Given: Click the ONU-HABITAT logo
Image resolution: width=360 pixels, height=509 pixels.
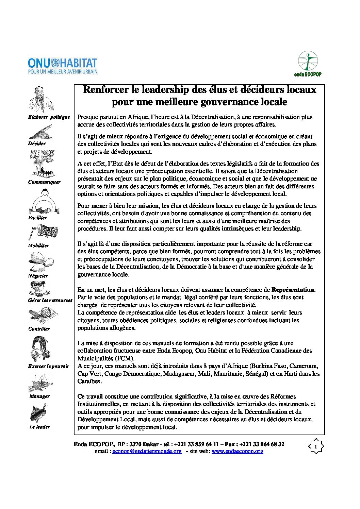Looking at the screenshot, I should pyautogui.click(x=63, y=66).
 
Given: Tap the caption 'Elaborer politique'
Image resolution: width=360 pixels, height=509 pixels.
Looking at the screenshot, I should pyautogui.click(x=49, y=117).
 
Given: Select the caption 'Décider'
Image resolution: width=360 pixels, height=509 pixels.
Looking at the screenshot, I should pyautogui.click(x=37, y=143).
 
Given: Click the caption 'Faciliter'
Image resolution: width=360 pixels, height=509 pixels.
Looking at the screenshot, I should pyautogui.click(x=37, y=218).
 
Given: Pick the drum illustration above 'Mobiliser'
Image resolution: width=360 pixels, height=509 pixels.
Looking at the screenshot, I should pyautogui.click(x=43, y=232).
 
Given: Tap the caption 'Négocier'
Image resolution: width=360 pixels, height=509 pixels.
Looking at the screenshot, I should pyautogui.click(x=38, y=276).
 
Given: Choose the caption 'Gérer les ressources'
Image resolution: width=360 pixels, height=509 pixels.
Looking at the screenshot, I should pyautogui.click(x=50, y=300).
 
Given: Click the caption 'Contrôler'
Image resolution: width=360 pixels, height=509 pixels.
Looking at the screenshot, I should pyautogui.click(x=39, y=329).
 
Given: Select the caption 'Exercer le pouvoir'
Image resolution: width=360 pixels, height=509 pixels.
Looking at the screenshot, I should pyautogui.click(x=48, y=366).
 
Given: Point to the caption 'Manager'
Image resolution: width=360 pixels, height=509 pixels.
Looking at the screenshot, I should pyautogui.click(x=39, y=396).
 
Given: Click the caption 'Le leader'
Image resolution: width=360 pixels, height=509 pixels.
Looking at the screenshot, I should pyautogui.click(x=40, y=427).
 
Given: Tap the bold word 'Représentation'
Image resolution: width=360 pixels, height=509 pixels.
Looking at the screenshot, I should pyautogui.click(x=293, y=290).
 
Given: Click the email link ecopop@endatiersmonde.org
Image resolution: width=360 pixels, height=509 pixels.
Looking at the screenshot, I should pyautogui.click(x=147, y=451).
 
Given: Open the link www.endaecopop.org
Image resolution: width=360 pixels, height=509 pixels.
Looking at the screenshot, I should pyautogui.click(x=237, y=451).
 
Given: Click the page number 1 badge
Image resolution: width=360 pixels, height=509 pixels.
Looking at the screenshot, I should pyautogui.click(x=315, y=446).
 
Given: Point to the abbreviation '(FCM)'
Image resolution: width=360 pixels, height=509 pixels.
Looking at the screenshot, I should pyautogui.click(x=124, y=358).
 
